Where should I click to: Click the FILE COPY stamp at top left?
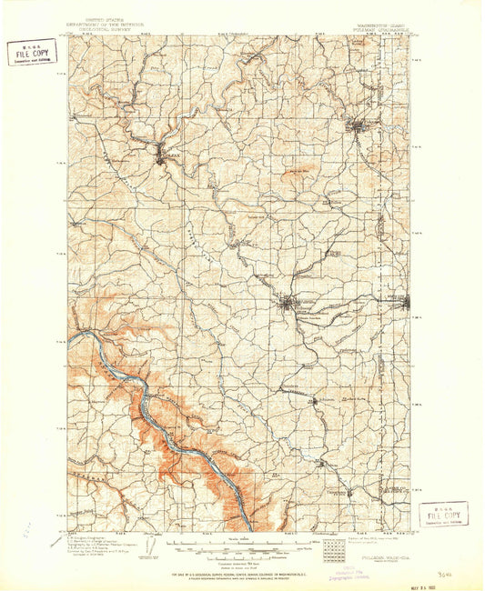pos(30,53)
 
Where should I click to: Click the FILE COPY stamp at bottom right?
pos(443,515)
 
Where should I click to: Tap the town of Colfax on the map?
pos(164,155)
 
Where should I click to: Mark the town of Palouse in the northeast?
pos(359,125)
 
